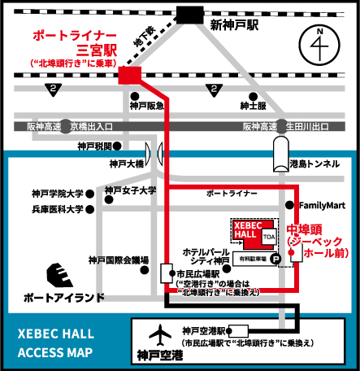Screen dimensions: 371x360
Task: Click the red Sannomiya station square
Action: coord(129,75)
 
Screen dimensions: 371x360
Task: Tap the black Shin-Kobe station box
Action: coord(192,14)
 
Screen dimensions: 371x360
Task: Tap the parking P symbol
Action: coord(275,259)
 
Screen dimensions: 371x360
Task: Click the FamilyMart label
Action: coord(323,203)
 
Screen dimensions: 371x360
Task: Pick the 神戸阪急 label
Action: coord(146,106)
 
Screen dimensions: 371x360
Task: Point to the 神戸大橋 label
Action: coord(125,164)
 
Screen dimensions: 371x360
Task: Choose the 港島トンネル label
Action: coord(314,164)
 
